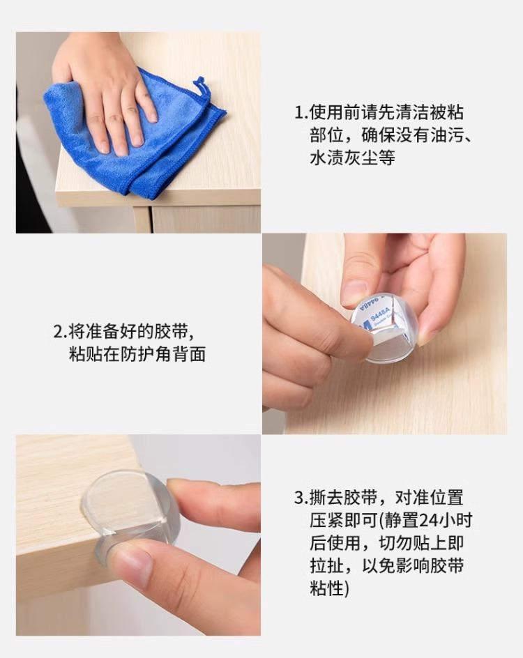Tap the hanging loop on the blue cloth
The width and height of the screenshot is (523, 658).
(x=200, y=88)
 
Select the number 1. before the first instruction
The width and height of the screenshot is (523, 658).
(x=301, y=112)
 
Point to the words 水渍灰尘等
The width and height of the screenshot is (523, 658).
(x=352, y=158)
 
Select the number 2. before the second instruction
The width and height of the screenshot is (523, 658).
(x=60, y=332)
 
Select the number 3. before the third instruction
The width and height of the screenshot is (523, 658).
(x=301, y=498)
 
